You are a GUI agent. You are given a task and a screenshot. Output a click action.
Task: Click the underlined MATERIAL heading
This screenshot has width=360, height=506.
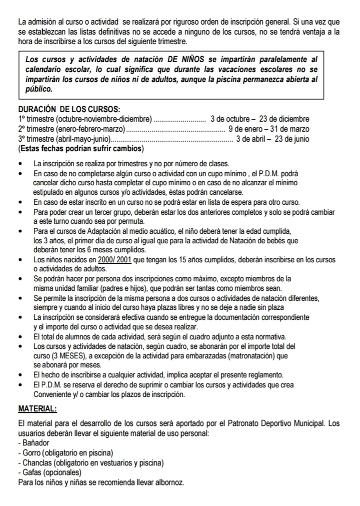(37, 409)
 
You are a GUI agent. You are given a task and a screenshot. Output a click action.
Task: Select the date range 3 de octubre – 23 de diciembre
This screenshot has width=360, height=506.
(260, 119)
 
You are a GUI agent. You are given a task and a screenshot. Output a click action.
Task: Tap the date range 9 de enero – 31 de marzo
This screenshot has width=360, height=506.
(268, 129)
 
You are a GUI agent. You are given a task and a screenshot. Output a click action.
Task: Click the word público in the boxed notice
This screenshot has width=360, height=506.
(38, 89)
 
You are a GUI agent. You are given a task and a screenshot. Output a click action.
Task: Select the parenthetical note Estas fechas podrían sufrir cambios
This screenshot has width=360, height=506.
(80, 149)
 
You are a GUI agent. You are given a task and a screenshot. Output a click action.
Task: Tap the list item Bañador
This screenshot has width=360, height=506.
(35, 443)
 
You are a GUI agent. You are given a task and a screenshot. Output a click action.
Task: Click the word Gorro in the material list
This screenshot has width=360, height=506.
(30, 453)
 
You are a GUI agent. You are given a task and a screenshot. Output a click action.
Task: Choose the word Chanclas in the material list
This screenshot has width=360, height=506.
(36, 462)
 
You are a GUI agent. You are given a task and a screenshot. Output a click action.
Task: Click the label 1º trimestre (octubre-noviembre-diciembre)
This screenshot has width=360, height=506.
(84, 119)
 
